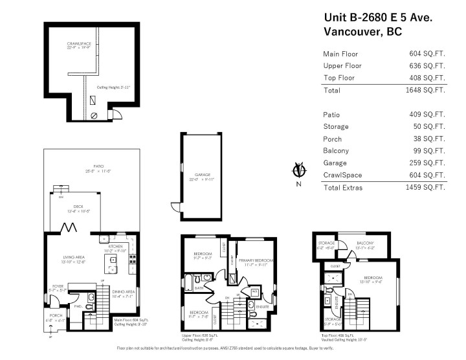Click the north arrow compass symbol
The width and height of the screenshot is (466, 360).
(x=299, y=171)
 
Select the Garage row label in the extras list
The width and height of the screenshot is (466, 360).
(x=335, y=163)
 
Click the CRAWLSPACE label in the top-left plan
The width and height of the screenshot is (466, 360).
(x=79, y=44)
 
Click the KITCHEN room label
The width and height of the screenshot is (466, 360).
(x=115, y=247)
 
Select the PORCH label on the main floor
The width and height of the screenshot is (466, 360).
(x=57, y=317)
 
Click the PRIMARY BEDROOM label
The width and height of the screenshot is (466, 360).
(x=252, y=259)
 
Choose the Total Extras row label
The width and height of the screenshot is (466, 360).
(x=343, y=188)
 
